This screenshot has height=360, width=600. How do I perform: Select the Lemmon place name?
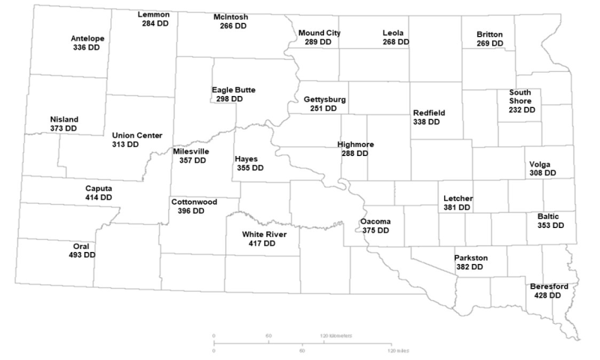pos(154,15)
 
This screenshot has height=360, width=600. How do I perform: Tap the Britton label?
pos(490,34)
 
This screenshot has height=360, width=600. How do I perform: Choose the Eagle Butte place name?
pos(233,89)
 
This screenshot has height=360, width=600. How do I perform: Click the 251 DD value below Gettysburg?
pos(324,109)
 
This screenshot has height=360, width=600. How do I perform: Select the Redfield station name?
pos(429,112)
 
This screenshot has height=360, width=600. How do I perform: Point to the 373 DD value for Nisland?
pos(64,128)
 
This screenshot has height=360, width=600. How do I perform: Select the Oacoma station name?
pos(375,222)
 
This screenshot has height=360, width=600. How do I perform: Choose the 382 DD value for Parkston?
pos(470,267)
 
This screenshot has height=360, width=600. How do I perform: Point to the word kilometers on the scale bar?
pos(341,336)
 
